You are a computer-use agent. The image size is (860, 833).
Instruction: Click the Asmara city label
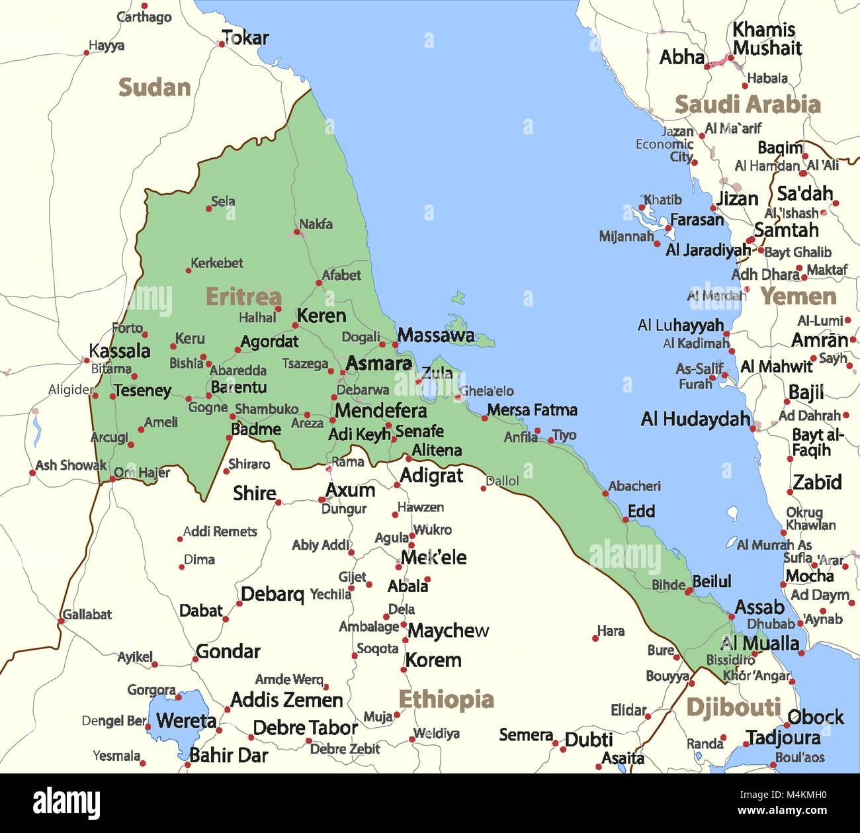pyautogui.click(x=378, y=363)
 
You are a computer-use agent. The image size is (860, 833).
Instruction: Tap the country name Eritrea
pyautogui.click(x=243, y=296)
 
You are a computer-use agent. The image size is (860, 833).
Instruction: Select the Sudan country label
pyautogui.click(x=154, y=87)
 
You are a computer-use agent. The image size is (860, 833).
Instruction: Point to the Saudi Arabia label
pyautogui.click(x=747, y=104)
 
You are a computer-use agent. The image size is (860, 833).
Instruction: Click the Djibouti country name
pyautogui.click(x=733, y=707)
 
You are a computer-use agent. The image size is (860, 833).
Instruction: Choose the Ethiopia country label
pyautogui.click(x=446, y=699)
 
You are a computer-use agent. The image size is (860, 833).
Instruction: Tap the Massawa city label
pyautogui.click(x=436, y=335)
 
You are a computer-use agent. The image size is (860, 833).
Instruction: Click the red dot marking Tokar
pyautogui.click(x=222, y=44)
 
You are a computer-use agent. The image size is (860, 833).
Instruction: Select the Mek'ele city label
pyautogui.click(x=433, y=557)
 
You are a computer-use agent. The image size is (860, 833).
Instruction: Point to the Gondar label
pyautogui.click(x=228, y=652)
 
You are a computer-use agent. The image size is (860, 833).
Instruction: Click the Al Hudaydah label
pyautogui.click(x=695, y=419)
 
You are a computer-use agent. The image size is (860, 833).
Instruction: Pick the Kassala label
pyautogui.click(x=120, y=351)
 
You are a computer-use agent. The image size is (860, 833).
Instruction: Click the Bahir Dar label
pyautogui.click(x=229, y=755)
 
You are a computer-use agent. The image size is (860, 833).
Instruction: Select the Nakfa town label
pyautogui.click(x=316, y=224)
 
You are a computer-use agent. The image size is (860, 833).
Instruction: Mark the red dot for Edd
pyautogui.click(x=626, y=520)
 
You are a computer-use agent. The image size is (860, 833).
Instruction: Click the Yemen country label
pyautogui.click(x=798, y=296)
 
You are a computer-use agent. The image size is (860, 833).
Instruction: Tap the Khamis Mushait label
pyautogui.click(x=766, y=39)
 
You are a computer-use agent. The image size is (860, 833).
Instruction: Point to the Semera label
pyautogui.click(x=526, y=735)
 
